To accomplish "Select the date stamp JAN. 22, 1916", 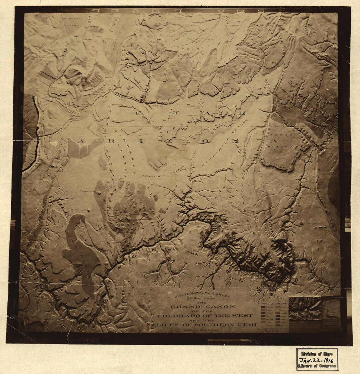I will pos(317,359).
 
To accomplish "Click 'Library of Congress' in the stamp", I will pos(317,366).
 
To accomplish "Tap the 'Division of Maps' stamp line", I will pos(317,353).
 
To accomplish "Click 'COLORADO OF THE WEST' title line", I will pos(205,316).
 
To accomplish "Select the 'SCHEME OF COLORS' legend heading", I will pos(272,304).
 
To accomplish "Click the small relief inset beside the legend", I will pos(305,308).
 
